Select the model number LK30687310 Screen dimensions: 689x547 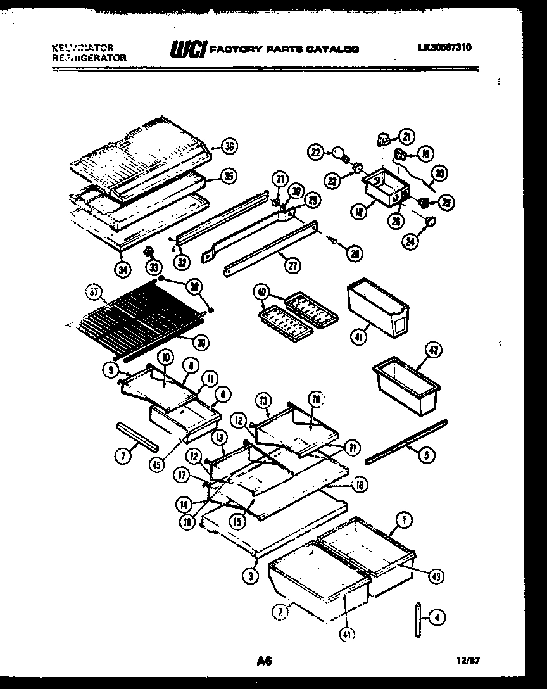pos(444,47)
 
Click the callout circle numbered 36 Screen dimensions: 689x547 pos(229,146)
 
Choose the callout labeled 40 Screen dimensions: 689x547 pos(260,292)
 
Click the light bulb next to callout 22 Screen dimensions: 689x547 pos(341,154)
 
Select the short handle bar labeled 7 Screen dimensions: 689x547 pos(136,436)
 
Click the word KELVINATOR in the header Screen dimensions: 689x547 pos(82,47)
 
